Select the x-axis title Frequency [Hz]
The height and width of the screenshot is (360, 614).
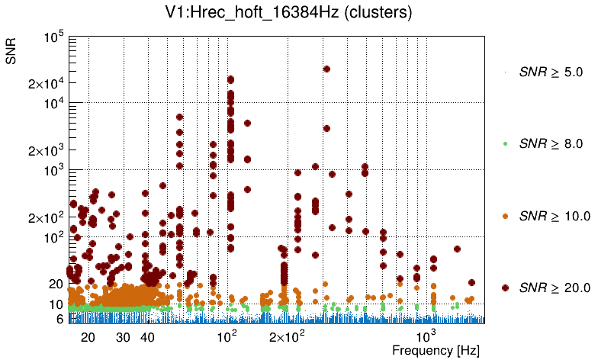coord(426,350)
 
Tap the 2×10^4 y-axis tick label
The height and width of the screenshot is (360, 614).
coord(47,84)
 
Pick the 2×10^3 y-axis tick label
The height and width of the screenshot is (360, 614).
coord(47,151)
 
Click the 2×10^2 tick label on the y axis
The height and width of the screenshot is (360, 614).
coord(47,218)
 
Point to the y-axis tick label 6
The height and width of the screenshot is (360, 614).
coord(59,320)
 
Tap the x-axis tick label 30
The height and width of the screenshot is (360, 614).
coord(124,337)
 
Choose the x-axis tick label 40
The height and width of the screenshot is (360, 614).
coord(148,337)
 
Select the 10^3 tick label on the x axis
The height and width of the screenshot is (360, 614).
coord(425,336)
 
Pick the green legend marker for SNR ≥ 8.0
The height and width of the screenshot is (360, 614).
coord(505,143)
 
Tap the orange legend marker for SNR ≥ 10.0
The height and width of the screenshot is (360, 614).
coord(505,216)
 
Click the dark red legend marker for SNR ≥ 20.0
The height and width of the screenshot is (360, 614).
coord(505,288)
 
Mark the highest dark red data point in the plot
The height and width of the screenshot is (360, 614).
coord(326,69)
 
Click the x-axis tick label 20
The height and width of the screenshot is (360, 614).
coord(88,337)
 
